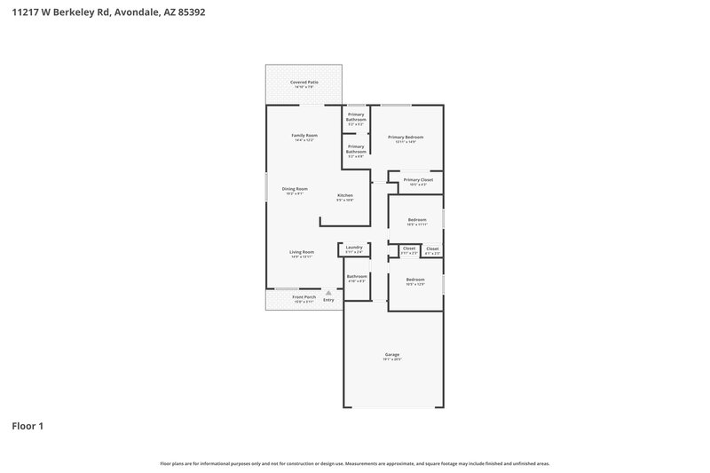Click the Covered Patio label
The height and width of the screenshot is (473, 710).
point(304,83)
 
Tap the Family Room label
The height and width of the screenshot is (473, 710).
point(304,136)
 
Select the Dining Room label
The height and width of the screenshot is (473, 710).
point(295,189)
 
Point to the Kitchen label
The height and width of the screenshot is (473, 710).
point(344,195)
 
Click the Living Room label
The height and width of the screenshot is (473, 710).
point(302,252)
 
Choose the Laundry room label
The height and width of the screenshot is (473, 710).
point(353,248)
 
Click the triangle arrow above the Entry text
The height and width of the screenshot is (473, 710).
point(328,292)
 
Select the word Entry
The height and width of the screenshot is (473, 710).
point(328,300)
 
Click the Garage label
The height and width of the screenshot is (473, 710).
point(392,355)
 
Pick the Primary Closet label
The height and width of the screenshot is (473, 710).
point(418,180)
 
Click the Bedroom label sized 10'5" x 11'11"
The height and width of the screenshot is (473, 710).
point(417,219)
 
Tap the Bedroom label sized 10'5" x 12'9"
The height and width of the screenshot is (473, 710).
point(415,280)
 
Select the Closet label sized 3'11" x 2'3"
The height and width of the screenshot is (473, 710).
point(408,248)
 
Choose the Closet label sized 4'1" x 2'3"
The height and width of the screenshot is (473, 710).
point(432,248)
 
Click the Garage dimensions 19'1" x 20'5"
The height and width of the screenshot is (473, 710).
point(392,360)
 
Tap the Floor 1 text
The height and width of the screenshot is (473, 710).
point(28,426)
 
